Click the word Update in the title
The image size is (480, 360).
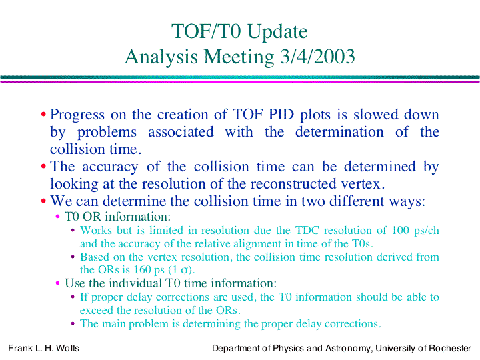pyautogui.click(x=277, y=32)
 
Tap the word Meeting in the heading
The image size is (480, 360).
pyautogui.click(x=239, y=57)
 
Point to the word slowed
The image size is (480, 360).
pyautogui.click(x=376, y=114)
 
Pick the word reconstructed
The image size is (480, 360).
pyautogui.click(x=293, y=184)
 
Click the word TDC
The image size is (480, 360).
pyautogui.click(x=307, y=230)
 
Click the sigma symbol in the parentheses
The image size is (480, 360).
pyautogui.click(x=184, y=271)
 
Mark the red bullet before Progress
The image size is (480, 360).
pyautogui.click(x=43, y=115)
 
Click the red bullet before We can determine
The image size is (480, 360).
pyautogui.click(x=43, y=201)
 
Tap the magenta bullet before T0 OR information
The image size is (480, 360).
pyautogui.click(x=57, y=217)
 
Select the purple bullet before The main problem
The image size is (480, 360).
pyautogui.click(x=73, y=323)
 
